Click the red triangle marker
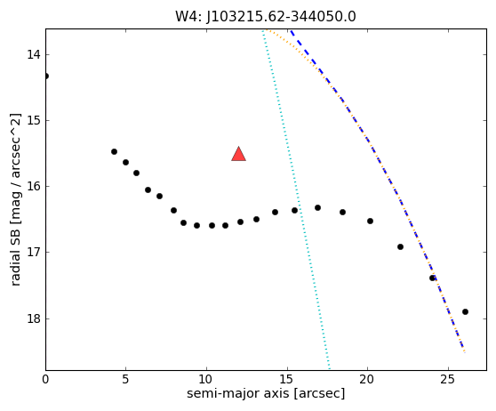pyautogui.click(x=238, y=154)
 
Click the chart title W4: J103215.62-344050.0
pyautogui.click(x=266, y=17)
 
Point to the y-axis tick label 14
pyautogui.click(x=34, y=54)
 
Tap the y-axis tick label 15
pyautogui.click(x=34, y=120)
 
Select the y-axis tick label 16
pyautogui.click(x=34, y=186)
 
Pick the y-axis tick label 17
pyautogui.click(x=34, y=252)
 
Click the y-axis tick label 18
pyautogui.click(x=34, y=318)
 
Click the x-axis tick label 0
pyautogui.click(x=45, y=379)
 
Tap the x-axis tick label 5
pyautogui.click(x=126, y=379)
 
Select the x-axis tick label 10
pyautogui.click(x=206, y=379)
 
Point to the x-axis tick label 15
pyautogui.click(x=287, y=379)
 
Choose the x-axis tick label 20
pyautogui.click(x=368, y=379)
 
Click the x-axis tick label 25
pyautogui.click(x=448, y=379)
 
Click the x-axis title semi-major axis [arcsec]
pyautogui.click(x=266, y=393)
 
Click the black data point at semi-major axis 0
pyautogui.click(x=46, y=76)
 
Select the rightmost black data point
pyautogui.click(x=465, y=312)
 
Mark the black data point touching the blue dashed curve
pyautogui.click(x=432, y=278)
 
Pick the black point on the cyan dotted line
pyautogui.click(x=294, y=210)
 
